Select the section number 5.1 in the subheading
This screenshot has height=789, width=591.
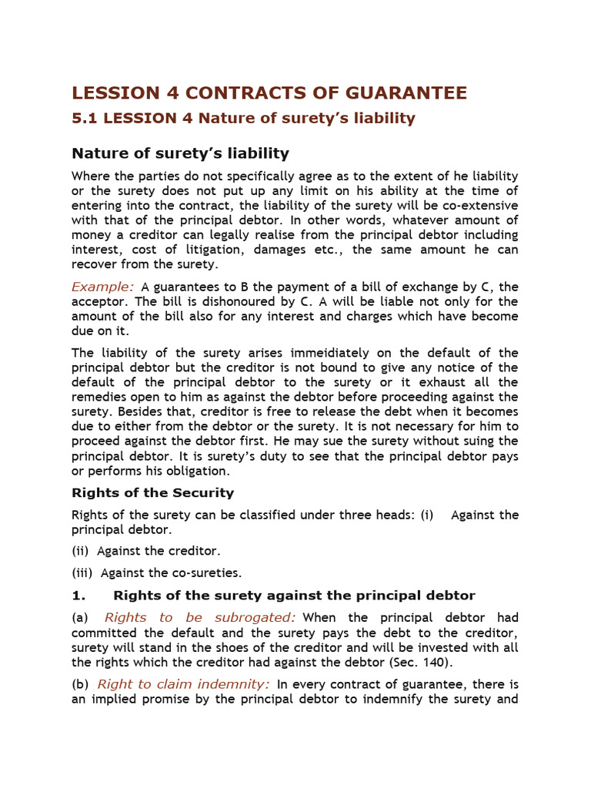pos(85,118)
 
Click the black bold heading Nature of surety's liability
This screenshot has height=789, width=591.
pos(180,153)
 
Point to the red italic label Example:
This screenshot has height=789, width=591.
pos(102,287)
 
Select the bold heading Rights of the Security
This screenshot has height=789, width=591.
pos(152,492)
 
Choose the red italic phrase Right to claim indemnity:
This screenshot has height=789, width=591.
pos(183,683)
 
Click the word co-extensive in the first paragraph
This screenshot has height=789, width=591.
pos(478,206)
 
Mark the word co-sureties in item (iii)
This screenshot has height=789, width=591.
pos(208,572)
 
